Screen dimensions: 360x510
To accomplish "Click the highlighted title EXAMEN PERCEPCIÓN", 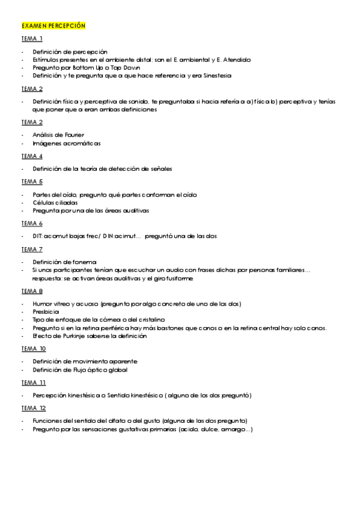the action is pos(53,26).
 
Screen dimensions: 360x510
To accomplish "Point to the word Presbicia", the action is pos(46,312).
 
